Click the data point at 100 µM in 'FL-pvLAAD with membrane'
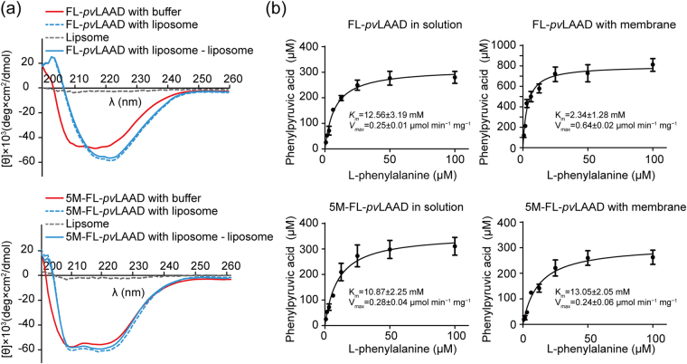pyautogui.click(x=653, y=64)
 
